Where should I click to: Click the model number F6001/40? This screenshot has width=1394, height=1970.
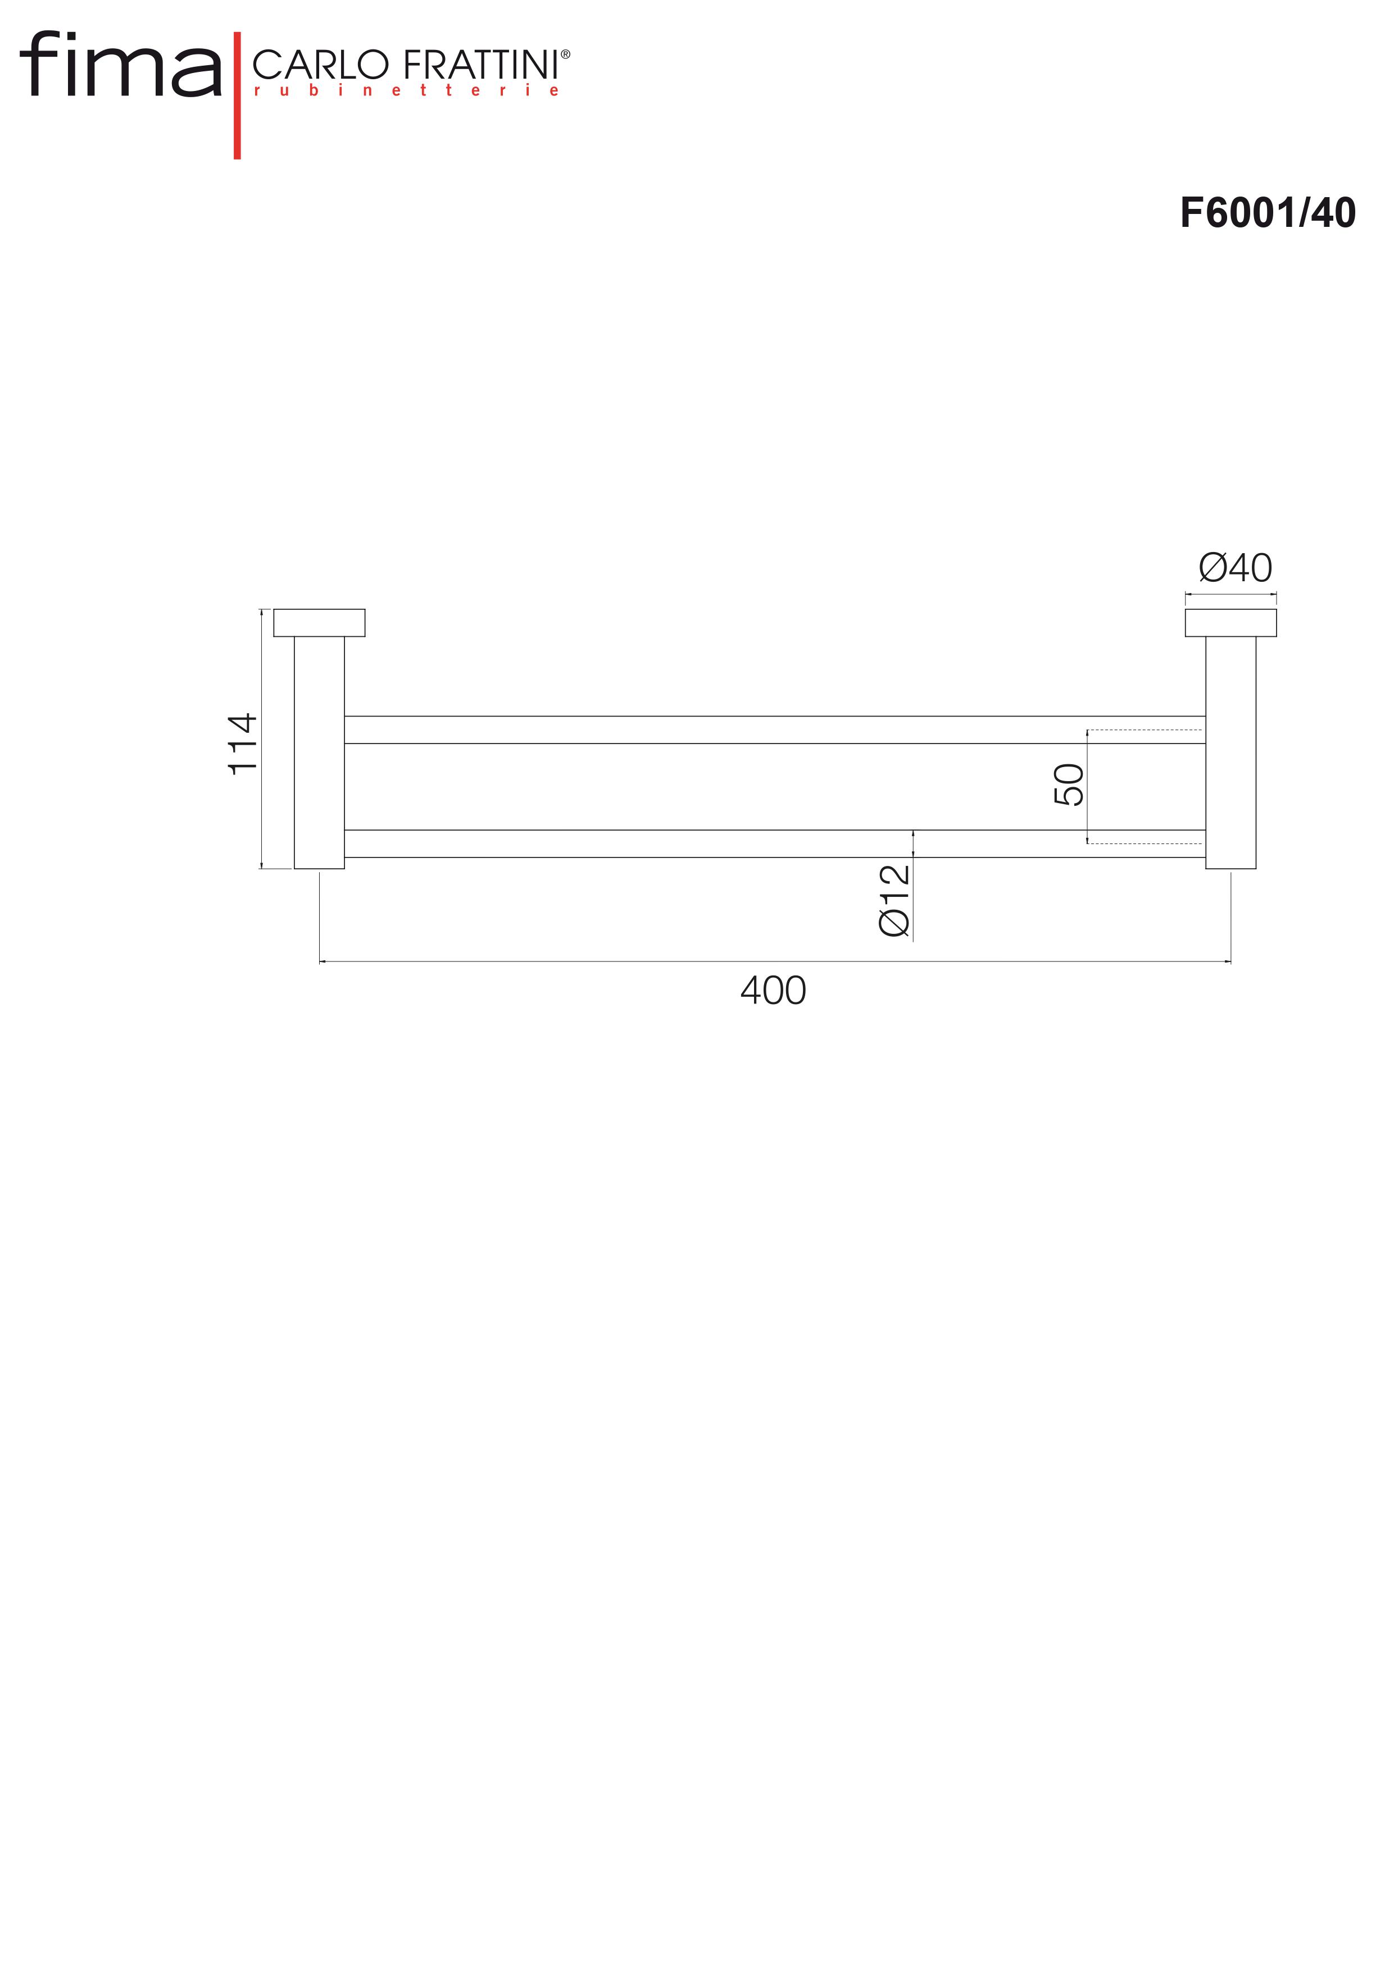click(x=1267, y=213)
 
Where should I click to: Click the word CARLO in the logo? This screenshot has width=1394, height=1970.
click(x=320, y=65)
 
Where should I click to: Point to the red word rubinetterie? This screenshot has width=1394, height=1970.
click(x=406, y=90)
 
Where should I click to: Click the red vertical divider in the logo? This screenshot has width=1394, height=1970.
click(x=237, y=95)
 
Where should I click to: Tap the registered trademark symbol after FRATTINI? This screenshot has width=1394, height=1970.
click(x=565, y=54)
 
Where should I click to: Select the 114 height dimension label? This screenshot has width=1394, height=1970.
click(x=243, y=743)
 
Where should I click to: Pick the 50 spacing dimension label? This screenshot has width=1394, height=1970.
click(x=1069, y=784)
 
